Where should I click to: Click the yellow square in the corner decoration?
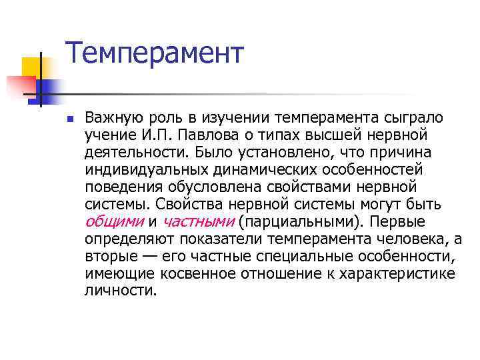coord(31,66)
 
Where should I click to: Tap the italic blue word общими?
coord(115,221)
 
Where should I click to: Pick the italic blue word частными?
coord(199,221)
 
